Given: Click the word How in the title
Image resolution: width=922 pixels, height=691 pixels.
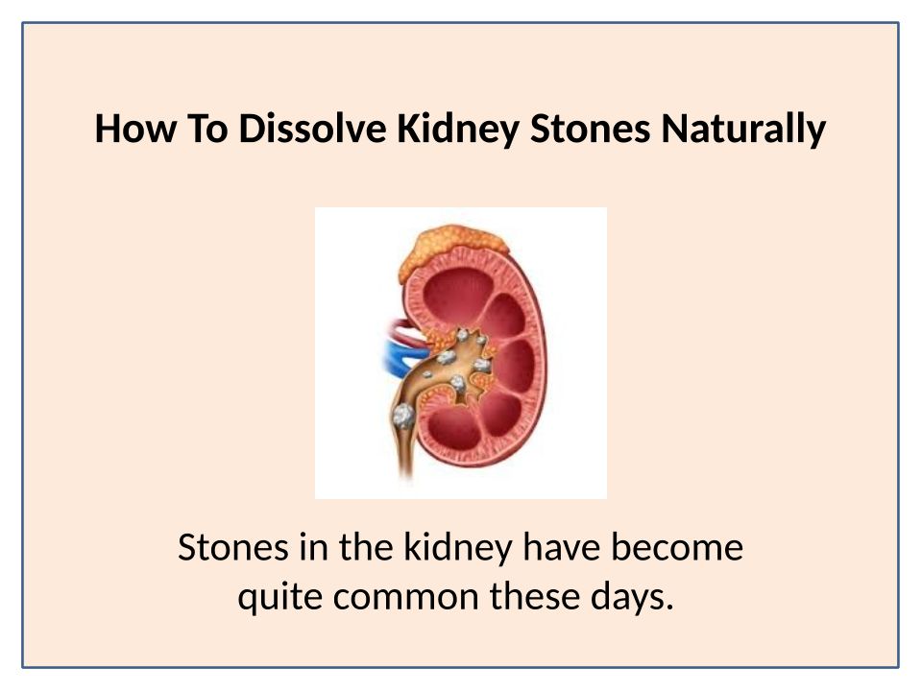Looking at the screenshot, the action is coord(134,128).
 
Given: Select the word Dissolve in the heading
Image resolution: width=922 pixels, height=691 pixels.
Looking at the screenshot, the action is coord(312,128).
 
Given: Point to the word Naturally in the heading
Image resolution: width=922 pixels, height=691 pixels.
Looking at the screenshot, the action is coord(743,130).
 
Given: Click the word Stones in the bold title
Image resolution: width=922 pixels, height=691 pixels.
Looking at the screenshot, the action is coord(591,128).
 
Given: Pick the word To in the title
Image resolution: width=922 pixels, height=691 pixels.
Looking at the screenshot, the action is coord(207,128).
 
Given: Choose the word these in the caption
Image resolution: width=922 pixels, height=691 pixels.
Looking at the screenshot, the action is coord(535,596).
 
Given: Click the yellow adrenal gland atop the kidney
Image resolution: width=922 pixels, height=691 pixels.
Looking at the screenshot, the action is coord(451,250).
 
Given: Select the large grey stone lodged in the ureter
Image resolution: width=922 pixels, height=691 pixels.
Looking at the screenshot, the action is coord(403,416).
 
